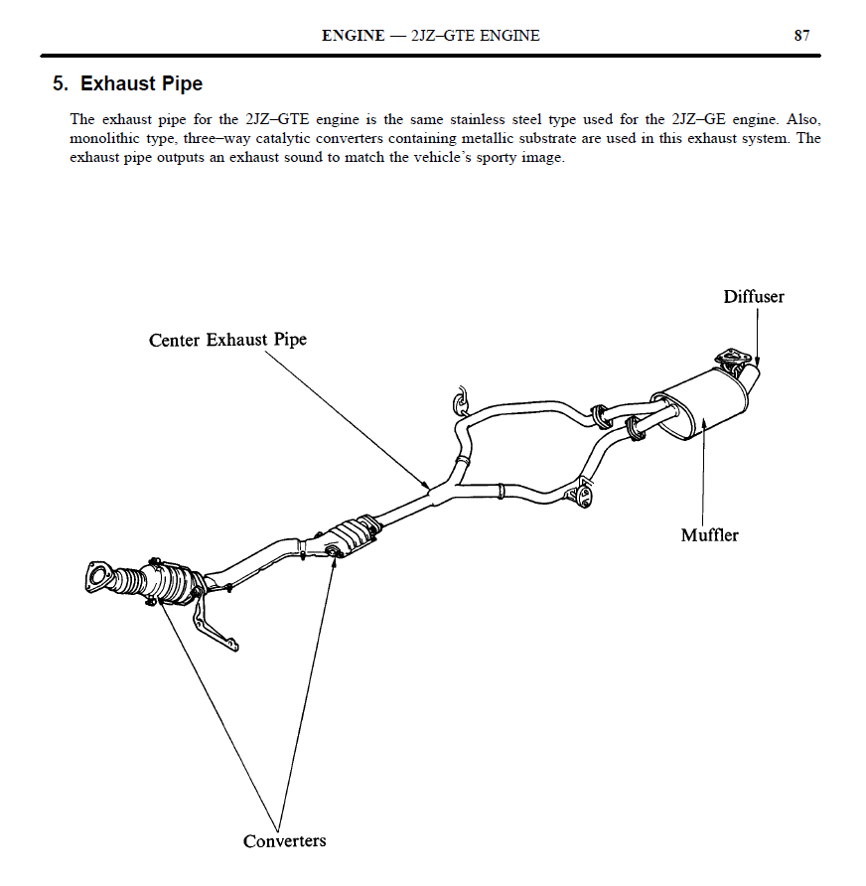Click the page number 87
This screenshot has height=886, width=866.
coord(801,36)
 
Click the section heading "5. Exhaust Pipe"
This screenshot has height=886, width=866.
coord(127,83)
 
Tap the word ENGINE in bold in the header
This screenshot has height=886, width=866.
coord(353,36)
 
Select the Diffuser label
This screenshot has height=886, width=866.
coord(753,297)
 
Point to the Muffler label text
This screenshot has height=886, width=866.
coord(709,535)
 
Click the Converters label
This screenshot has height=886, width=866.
coord(284,841)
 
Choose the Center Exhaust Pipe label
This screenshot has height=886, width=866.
coord(227,340)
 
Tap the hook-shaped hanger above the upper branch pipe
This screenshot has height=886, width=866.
coord(459,399)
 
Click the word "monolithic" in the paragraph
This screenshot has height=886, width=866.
coord(103,139)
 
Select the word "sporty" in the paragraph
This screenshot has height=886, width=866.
coord(460,159)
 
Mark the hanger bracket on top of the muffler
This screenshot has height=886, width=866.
coord(733,361)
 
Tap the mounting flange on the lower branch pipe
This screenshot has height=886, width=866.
coord(580,496)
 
